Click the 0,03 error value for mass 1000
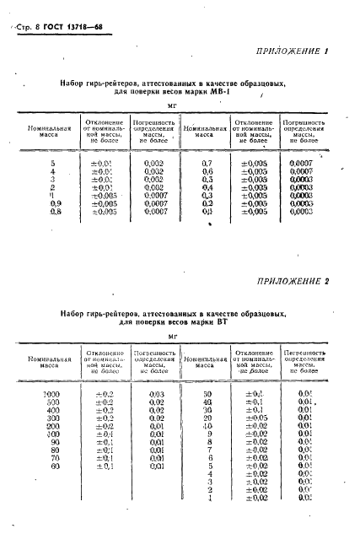point(156,394)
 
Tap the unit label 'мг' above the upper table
point(171,106)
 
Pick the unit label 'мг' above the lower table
point(171,335)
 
